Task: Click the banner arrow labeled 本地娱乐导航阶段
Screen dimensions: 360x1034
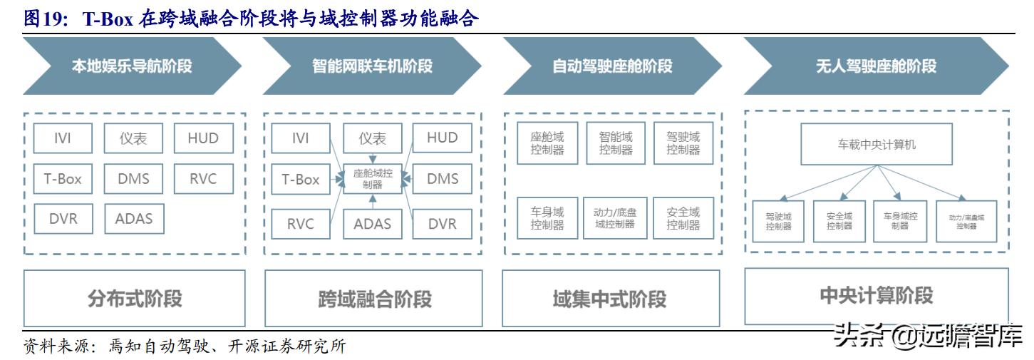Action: pos(132,66)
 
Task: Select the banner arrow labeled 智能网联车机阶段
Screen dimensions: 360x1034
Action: pos(372,66)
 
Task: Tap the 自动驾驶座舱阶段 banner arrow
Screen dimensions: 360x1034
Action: pos(612,66)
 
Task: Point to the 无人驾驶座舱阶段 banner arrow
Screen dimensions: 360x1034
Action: pos(876,66)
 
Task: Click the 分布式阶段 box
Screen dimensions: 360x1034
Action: pos(135,298)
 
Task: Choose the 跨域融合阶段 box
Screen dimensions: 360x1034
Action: pos(374,298)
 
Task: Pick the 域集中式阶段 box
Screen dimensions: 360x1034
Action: pos(610,298)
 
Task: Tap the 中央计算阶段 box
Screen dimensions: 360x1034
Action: pos(876,296)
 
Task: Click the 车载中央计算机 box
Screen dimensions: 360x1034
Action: pos(876,144)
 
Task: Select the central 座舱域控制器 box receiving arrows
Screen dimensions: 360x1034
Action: pos(373,178)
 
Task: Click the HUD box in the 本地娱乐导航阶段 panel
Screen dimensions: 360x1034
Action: pos(203,138)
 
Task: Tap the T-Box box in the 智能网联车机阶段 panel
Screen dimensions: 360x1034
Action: pos(301,180)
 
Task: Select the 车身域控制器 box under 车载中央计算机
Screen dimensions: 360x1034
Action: pos(900,221)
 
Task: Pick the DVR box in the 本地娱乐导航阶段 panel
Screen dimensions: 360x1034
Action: pos(63,219)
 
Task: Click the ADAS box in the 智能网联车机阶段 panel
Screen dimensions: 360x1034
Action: pos(373,224)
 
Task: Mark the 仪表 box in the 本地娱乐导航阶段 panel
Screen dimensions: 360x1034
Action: pos(133,138)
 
